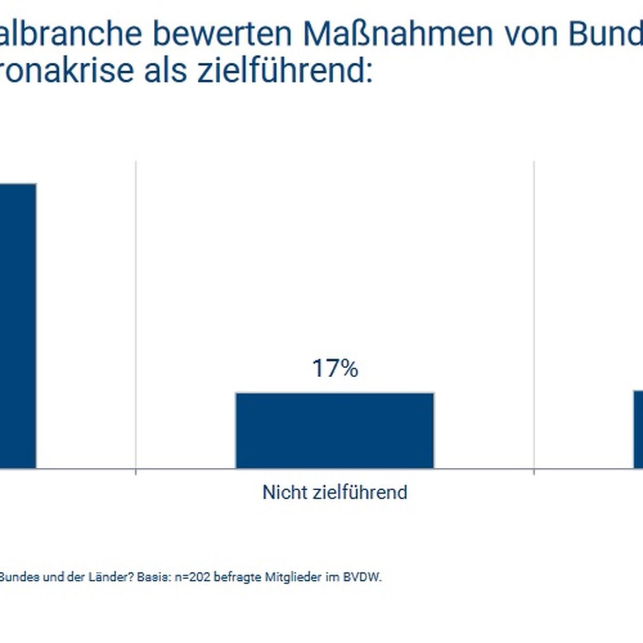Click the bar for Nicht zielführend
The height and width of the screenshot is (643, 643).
coord(335,431)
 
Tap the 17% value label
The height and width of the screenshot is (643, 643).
coord(335,369)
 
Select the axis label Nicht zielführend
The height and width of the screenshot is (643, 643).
coord(335,492)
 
